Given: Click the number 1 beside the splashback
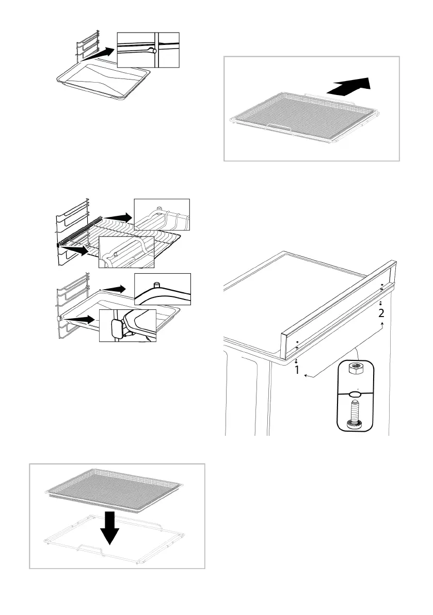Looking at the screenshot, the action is (297, 370).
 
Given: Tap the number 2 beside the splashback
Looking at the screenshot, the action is (381, 313).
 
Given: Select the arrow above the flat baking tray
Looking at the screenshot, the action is (98, 54).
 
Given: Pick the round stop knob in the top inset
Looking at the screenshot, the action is (150, 50).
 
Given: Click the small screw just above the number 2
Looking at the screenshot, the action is (380, 303).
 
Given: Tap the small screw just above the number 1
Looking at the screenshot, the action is (297, 361).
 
